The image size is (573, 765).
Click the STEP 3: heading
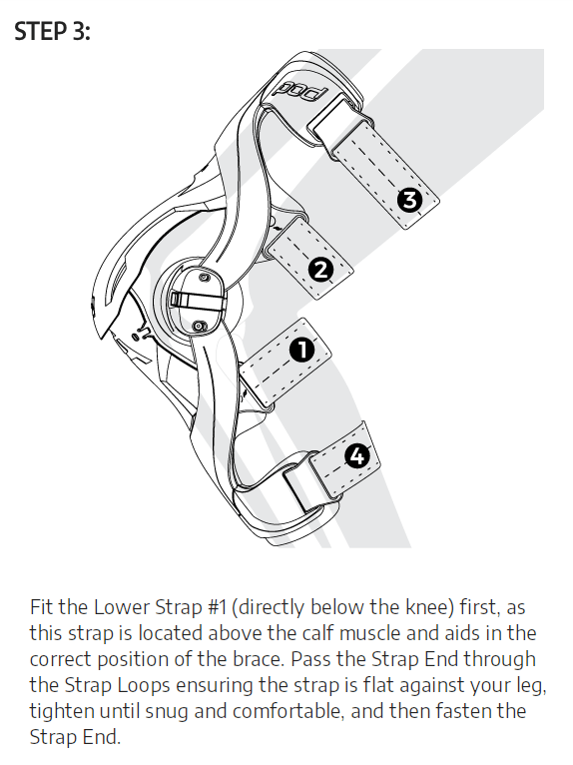(52, 32)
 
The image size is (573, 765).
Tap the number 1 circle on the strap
(301, 350)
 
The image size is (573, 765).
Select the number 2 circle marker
(320, 270)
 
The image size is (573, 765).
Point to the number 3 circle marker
(409, 200)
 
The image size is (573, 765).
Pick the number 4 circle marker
(357, 456)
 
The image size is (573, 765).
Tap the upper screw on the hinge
(204, 277)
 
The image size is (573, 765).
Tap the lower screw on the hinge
(199, 326)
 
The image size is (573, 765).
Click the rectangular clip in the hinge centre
(196, 301)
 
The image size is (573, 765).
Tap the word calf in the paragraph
(318, 633)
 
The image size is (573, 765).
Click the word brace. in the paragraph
(260, 659)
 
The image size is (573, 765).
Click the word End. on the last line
(104, 737)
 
